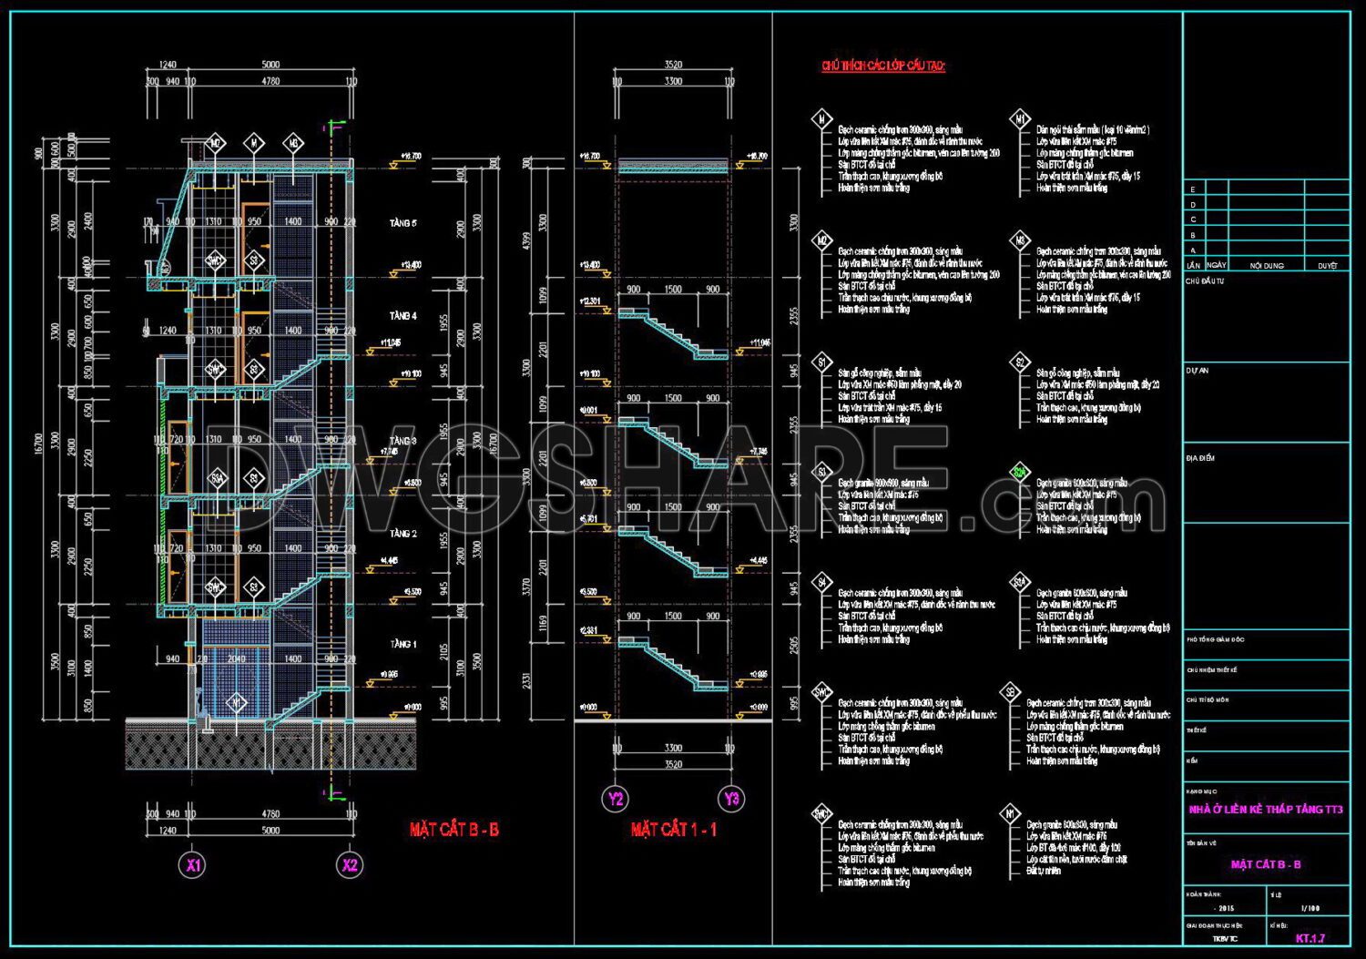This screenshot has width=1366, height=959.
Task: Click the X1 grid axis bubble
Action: tap(193, 865)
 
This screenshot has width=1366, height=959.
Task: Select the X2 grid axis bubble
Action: tap(350, 865)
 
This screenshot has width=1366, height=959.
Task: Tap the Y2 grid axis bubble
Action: tap(617, 799)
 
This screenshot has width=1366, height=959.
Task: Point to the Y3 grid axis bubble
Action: tap(732, 799)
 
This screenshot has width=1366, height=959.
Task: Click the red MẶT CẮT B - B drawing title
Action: tap(454, 830)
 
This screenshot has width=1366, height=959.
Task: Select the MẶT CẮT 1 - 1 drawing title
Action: tap(674, 830)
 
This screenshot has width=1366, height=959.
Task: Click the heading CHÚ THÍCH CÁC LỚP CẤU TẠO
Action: tap(883, 66)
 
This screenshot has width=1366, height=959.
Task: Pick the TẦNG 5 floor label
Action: tap(403, 223)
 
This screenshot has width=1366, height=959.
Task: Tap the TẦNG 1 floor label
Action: tap(403, 644)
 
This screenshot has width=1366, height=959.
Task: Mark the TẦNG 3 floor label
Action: tap(403, 441)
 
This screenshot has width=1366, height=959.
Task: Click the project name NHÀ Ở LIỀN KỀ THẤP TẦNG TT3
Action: tap(1266, 809)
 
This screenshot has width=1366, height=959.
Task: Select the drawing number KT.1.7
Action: tap(1310, 938)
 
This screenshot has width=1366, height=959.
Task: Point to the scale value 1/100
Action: tap(1310, 908)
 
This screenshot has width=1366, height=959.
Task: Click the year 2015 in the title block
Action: tap(1226, 908)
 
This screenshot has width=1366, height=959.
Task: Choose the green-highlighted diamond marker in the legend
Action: tap(1020, 473)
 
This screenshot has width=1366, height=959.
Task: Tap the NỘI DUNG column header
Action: tap(1267, 265)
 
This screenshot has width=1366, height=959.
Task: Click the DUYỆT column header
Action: tap(1327, 265)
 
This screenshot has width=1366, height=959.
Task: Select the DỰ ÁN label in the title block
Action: tap(1198, 371)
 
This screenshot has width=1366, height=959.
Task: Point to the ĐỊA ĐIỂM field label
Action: tap(1200, 458)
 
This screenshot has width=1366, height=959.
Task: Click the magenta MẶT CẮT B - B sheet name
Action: tap(1266, 864)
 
